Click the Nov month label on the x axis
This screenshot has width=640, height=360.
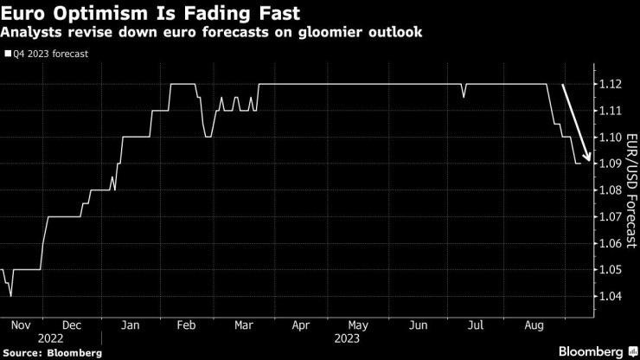pos(22,325)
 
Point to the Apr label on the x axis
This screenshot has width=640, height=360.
pos(300,325)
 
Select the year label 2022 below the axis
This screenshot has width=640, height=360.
pos(51,339)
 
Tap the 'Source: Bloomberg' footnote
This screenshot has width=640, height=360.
pos(52,353)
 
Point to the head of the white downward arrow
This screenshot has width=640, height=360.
pos(589,161)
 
